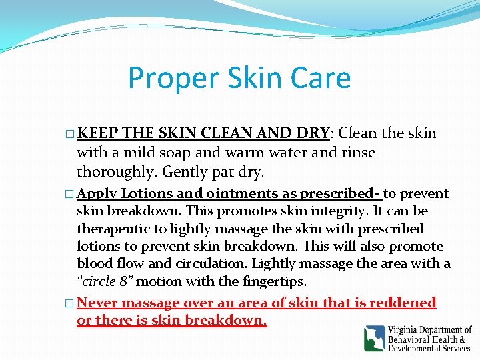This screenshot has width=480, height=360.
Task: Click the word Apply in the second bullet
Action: pos(97,194)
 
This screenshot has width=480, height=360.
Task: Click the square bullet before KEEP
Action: pos(71,134)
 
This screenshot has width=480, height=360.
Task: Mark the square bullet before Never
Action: pos(71,303)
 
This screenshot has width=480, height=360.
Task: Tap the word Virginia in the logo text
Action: pos(403,330)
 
